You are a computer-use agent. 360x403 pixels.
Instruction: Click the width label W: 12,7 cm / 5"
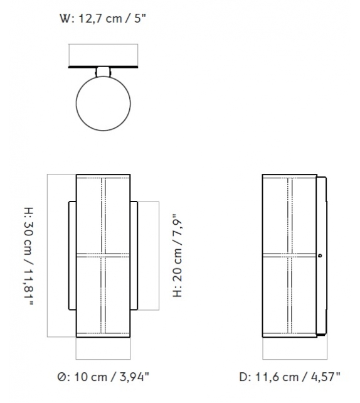[x=103, y=18]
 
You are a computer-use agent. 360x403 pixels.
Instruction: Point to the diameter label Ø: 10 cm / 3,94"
[x=103, y=377]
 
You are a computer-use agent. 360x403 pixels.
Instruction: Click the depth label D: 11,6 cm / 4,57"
[x=289, y=377]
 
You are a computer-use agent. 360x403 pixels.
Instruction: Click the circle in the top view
[x=103, y=103]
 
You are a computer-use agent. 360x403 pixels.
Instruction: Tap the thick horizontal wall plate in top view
[x=103, y=65]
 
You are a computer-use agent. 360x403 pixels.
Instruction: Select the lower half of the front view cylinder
[x=103, y=295]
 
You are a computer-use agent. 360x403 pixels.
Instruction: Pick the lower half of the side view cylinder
[x=289, y=295]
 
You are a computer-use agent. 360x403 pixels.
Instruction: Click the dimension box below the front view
[x=103, y=348]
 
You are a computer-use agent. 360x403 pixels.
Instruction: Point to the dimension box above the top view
[x=103, y=54]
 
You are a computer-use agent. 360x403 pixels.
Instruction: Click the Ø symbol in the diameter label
[x=61, y=377]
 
